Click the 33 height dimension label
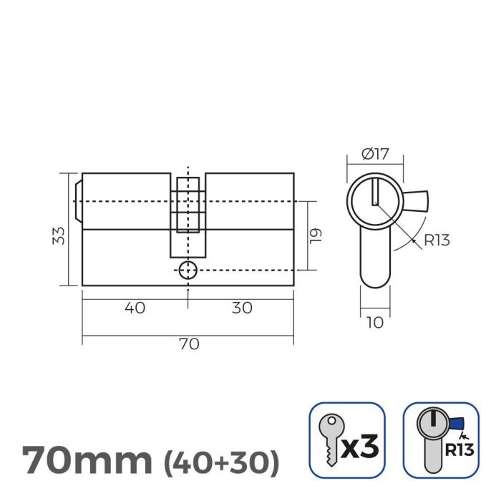pos(60,235)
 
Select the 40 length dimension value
pos(135,308)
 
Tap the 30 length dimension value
pos(242,308)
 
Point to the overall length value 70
pos(188,344)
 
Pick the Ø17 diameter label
pos(374,153)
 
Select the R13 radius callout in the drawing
pos(436,240)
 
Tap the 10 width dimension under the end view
pos(374,323)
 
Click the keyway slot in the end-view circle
pos(374,193)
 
